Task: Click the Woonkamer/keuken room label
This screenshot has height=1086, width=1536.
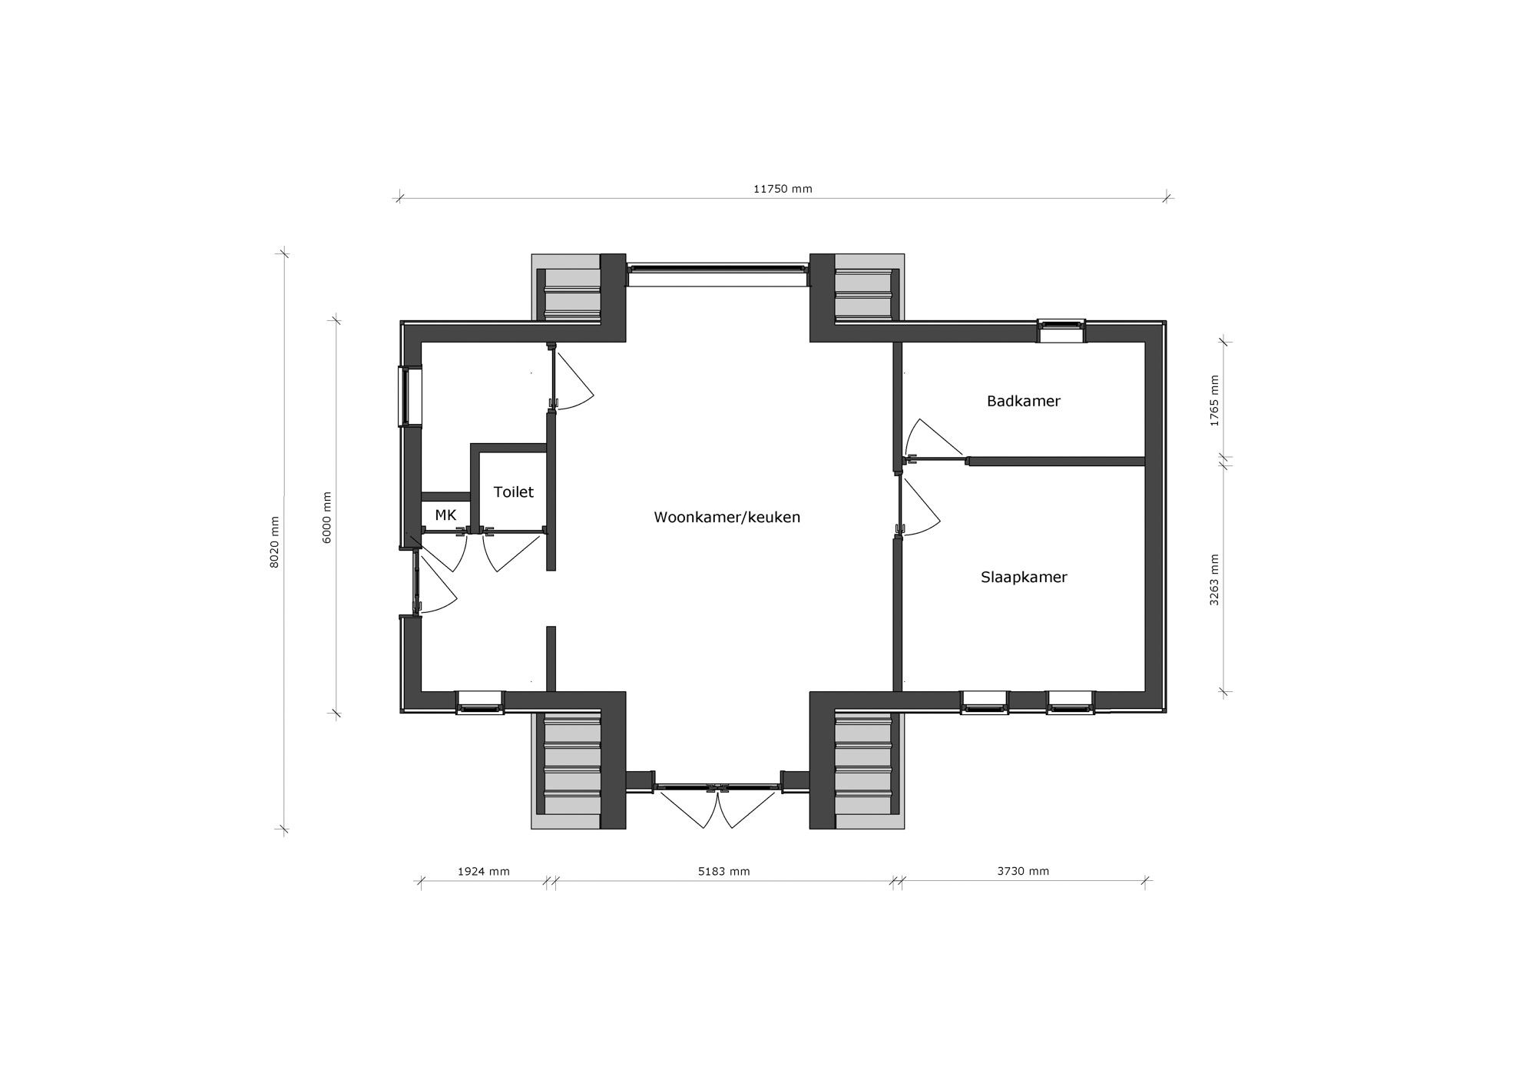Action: [x=727, y=517]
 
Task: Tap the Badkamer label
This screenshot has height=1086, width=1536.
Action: [x=1023, y=401]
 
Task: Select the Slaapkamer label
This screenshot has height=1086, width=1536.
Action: [x=1024, y=577]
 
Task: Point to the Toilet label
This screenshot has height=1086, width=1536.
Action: [x=513, y=492]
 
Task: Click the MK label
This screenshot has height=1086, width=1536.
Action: [x=445, y=515]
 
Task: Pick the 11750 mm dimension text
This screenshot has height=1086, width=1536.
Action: [x=783, y=189]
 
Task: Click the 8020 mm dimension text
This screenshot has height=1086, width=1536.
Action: [x=275, y=541]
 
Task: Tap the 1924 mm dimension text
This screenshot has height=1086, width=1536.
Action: [x=483, y=871]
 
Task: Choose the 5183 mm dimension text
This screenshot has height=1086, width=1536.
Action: [x=723, y=871]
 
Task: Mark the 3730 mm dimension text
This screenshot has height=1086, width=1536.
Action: [x=1023, y=871]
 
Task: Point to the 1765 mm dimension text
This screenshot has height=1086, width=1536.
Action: [x=1214, y=401]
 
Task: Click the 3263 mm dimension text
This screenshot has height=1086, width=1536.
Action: [x=1214, y=580]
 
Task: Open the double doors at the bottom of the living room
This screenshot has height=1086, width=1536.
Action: [x=717, y=805]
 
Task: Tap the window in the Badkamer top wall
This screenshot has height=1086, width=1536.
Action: [x=1061, y=330]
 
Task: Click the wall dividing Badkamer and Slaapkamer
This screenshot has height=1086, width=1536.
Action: [x=1056, y=461]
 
